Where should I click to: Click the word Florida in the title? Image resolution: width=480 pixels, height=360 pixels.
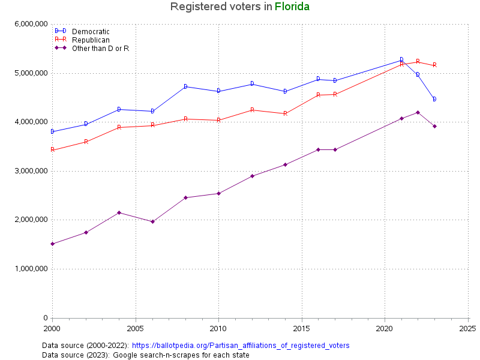tap(292, 7)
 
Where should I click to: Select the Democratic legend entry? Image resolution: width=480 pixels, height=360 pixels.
tap(91, 31)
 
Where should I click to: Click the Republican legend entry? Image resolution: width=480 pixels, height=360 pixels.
tap(91, 40)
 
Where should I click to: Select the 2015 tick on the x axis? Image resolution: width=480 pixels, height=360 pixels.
tap(301, 329)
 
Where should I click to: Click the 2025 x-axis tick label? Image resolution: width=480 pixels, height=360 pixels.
tap(467, 329)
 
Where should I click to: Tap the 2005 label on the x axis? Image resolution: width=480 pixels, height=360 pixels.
tap(136, 329)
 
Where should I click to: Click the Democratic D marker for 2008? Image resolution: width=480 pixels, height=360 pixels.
tap(185, 86)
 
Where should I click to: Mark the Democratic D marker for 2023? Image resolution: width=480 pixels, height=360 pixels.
tap(434, 99)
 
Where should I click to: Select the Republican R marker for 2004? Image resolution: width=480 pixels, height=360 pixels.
tap(119, 127)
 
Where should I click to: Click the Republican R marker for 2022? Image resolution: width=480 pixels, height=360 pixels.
tap(418, 61)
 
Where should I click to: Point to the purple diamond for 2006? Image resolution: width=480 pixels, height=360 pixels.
tap(152, 221)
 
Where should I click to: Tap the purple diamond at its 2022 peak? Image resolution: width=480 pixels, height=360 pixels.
tap(418, 112)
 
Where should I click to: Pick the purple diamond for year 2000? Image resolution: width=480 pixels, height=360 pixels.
tap(53, 244)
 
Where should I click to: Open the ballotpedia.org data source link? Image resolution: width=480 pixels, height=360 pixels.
tap(240, 346)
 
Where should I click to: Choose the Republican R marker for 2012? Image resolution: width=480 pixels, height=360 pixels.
tap(252, 110)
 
